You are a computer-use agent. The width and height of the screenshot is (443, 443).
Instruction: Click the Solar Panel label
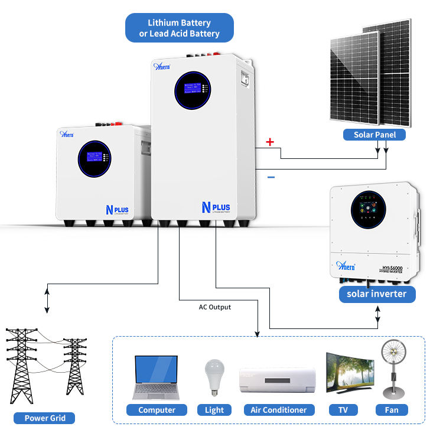coord(375,135)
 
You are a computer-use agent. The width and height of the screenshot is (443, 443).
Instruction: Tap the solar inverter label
coord(377,294)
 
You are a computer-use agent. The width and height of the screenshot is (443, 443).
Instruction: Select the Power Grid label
coord(44,418)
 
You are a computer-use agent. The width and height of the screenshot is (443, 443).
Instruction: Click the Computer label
coord(157,410)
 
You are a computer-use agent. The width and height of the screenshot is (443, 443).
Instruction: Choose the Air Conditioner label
coord(278,410)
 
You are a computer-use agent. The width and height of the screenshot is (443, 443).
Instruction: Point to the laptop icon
coord(156,378)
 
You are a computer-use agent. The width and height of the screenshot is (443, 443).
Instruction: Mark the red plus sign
coord(271,142)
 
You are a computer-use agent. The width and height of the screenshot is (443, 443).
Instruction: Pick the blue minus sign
coord(271,177)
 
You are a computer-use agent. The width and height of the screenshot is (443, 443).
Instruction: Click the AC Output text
coord(215,307)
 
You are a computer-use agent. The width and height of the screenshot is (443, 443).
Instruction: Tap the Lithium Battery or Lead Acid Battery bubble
coord(180,28)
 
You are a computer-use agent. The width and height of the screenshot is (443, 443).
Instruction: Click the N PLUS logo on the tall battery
coord(215,208)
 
